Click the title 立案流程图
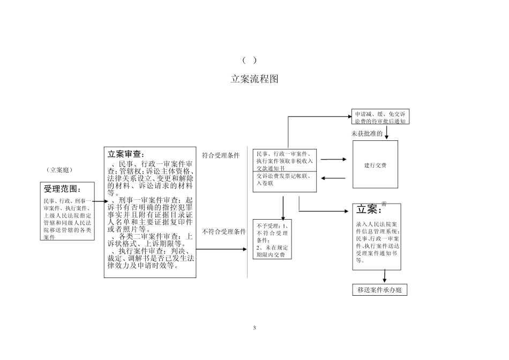[254, 79]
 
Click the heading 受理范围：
[63, 189]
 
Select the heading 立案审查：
[126, 154]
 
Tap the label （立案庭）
[59, 170]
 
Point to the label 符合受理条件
[220, 156]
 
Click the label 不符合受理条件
[224, 232]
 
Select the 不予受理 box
[272, 240]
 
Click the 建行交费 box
[375, 165]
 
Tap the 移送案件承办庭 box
[380, 290]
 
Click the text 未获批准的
[367, 134]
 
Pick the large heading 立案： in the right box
[367, 209]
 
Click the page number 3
[254, 327]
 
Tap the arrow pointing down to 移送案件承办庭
[385, 275]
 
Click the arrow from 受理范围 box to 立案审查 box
[96, 201]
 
